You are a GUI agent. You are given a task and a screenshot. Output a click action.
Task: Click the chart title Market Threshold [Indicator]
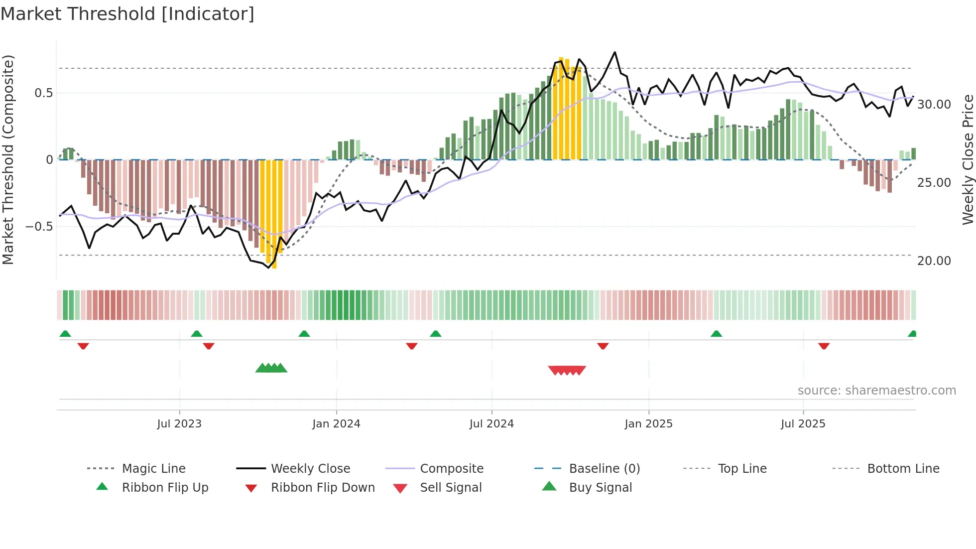pos(127,14)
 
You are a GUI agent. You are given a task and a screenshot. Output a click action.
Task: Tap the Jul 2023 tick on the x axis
pos(179,424)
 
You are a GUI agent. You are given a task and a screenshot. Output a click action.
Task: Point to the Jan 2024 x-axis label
pos(336,424)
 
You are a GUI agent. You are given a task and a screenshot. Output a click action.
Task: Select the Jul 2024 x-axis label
pos(491,424)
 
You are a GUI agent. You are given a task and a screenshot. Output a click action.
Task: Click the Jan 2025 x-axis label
pos(648,424)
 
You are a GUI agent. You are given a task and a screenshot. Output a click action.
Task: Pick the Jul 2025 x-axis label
pos(803,424)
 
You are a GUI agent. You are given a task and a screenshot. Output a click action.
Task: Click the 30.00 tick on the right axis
pos(934,105)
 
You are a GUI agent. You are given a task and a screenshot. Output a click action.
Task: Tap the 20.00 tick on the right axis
pos(934,261)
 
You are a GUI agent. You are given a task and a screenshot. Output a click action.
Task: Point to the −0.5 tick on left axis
pos(39,227)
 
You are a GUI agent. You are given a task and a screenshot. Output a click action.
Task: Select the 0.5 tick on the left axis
pos(43,93)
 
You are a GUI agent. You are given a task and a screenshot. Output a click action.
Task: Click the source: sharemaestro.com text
pos(876,391)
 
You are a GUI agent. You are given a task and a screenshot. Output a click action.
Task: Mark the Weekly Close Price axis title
pos(968,159)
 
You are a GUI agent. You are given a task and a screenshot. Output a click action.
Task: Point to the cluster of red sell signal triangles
pos(567,370)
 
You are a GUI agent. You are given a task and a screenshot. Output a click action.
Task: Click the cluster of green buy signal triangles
pos(271,368)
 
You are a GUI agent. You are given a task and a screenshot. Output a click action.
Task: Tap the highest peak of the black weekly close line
pos(615,52)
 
